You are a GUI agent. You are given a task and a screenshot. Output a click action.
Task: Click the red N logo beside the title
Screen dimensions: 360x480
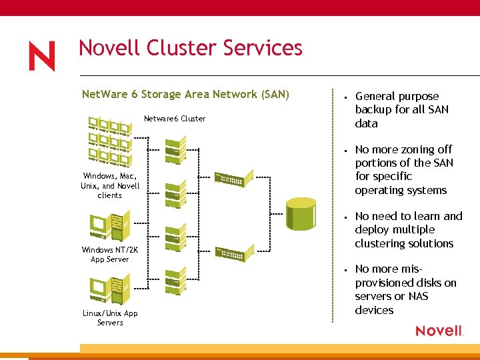[x=41, y=56]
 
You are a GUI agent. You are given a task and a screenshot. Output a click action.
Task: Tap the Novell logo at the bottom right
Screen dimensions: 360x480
[x=439, y=331]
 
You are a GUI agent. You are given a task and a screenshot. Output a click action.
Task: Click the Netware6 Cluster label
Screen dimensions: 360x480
[x=175, y=119]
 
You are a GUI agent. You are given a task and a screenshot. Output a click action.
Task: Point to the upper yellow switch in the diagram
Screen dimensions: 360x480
[x=234, y=177]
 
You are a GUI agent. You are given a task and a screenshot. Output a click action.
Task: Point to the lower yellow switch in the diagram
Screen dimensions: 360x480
[x=234, y=253]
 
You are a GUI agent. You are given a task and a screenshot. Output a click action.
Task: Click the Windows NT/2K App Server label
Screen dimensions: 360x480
[x=109, y=254]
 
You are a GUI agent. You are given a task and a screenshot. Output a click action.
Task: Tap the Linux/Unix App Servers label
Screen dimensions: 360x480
[x=110, y=318]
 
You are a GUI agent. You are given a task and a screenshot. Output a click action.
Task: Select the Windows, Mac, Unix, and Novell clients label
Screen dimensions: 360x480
[x=110, y=185]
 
